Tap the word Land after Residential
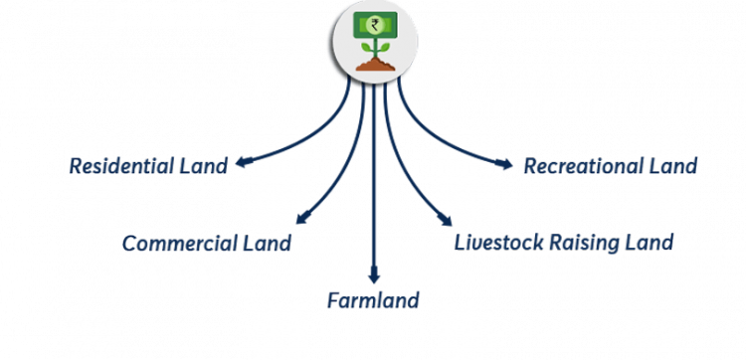(x=205, y=165)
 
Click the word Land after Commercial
(x=268, y=243)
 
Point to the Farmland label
(x=373, y=300)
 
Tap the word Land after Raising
(x=653, y=242)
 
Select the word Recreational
(x=584, y=165)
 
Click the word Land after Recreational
(x=674, y=165)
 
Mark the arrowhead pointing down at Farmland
(x=373, y=277)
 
